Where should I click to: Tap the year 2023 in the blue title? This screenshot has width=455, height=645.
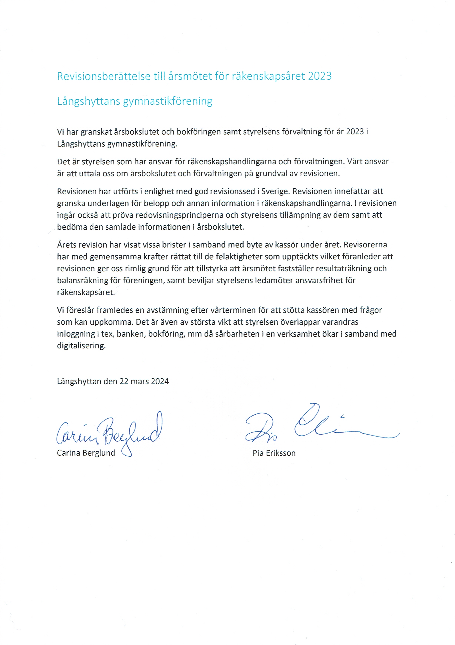pos(320,76)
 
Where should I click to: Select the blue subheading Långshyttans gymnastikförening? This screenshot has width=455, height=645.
pos(135,101)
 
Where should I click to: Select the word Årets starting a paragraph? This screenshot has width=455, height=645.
pos(67,245)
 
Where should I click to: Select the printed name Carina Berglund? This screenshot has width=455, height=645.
pos(86,453)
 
